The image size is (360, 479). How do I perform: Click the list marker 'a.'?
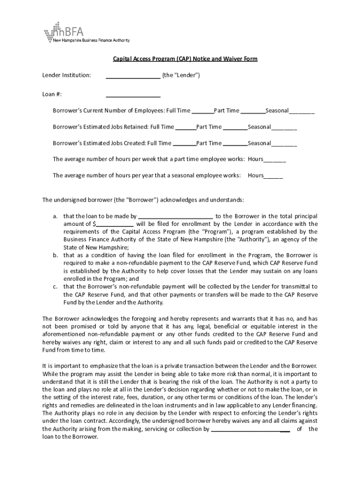click(x=55, y=216)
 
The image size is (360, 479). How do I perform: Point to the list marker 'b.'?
click(x=55, y=255)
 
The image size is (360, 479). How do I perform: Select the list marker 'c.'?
click(x=55, y=286)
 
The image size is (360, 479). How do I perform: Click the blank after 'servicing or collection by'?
click(x=251, y=429)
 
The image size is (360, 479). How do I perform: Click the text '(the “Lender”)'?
click(x=181, y=75)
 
